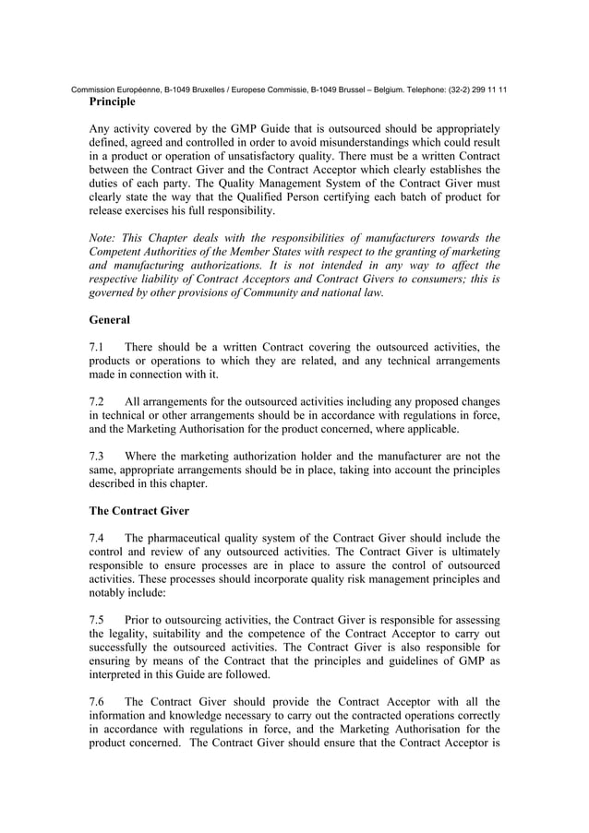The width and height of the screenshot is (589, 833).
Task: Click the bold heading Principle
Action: [x=112, y=102]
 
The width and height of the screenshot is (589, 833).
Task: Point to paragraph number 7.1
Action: [x=97, y=346]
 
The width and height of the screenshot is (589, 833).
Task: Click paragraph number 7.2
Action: [x=97, y=401]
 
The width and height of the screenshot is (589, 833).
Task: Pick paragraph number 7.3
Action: [x=97, y=456]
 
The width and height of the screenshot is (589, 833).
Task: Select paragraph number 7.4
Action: [x=97, y=538]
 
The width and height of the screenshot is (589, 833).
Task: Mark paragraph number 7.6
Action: [x=97, y=701]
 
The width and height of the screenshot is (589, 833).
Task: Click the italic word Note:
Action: [x=105, y=238]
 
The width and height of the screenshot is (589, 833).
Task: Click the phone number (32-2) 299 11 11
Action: [x=472, y=90]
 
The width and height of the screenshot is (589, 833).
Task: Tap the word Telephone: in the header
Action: [x=430, y=90]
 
